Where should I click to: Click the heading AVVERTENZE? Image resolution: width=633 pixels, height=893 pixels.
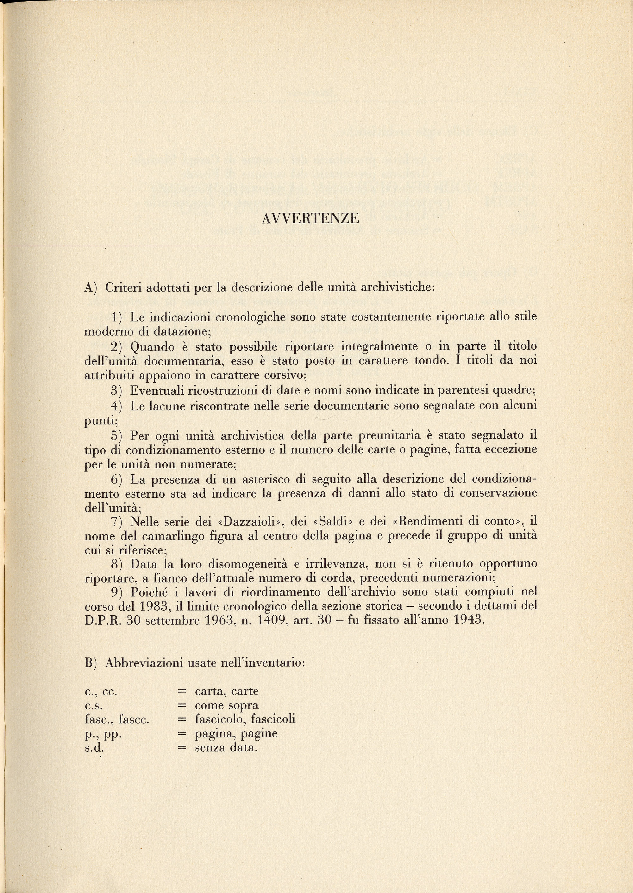point(310,219)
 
